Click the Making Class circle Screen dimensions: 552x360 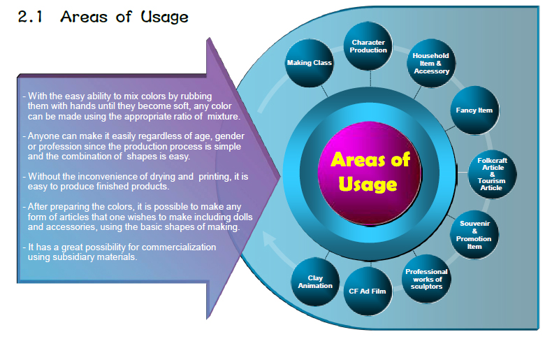tap(309, 63)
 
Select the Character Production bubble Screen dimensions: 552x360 tap(368, 46)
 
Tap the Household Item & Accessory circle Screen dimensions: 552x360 tap(431, 63)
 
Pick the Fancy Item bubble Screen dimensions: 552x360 tap(474, 110)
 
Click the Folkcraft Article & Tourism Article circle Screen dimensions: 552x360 tap(492, 174)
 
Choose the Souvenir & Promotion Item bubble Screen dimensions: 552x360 tap(474, 235)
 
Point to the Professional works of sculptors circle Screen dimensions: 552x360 tap(426, 279)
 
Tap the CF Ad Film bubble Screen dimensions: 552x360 tap(368, 291)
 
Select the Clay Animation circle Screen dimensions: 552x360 tap(315, 282)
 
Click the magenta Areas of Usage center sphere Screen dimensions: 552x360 tap(370, 173)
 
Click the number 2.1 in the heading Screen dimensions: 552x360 tap(30, 17)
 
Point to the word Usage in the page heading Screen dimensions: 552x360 tap(164, 17)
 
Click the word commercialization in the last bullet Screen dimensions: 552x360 tap(179, 247)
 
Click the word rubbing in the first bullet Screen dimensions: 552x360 tap(196, 96)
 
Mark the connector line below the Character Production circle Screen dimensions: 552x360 tap(370, 78)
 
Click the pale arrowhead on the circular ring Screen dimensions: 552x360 tap(269, 239)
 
